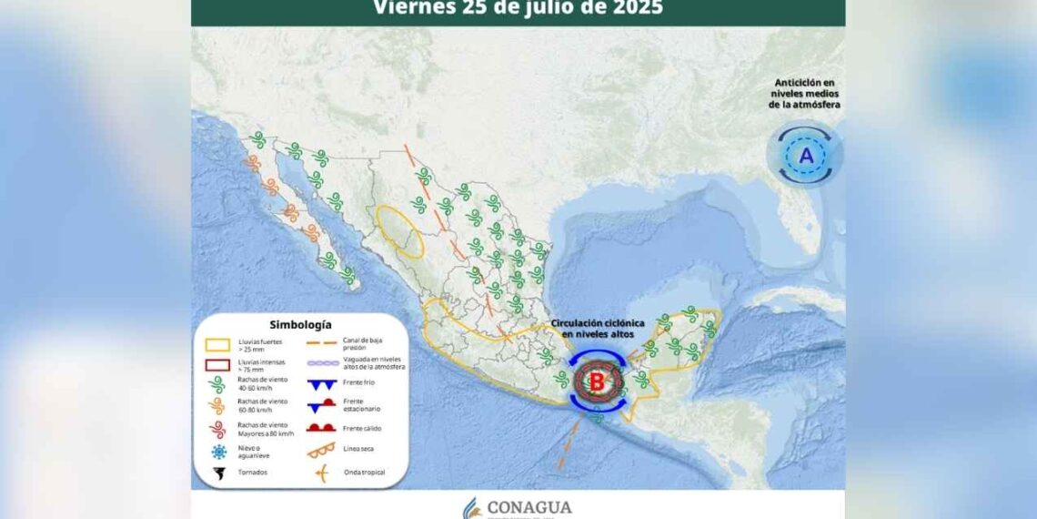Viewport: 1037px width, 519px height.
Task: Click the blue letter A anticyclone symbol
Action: (x=806, y=156)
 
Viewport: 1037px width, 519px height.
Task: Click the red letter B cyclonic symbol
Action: (x=597, y=382)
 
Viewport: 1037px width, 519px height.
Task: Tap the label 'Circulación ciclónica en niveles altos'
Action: (x=597, y=329)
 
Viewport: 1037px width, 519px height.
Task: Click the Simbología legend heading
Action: (x=300, y=324)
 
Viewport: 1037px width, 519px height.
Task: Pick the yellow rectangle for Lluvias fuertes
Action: (x=217, y=345)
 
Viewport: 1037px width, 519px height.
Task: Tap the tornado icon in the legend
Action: (x=217, y=473)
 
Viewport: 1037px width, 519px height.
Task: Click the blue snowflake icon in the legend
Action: (x=217, y=452)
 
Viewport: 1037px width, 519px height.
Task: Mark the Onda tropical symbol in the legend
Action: (x=323, y=473)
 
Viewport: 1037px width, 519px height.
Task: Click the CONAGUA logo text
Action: (x=529, y=507)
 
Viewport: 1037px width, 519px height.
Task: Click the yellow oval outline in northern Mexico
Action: (x=401, y=233)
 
